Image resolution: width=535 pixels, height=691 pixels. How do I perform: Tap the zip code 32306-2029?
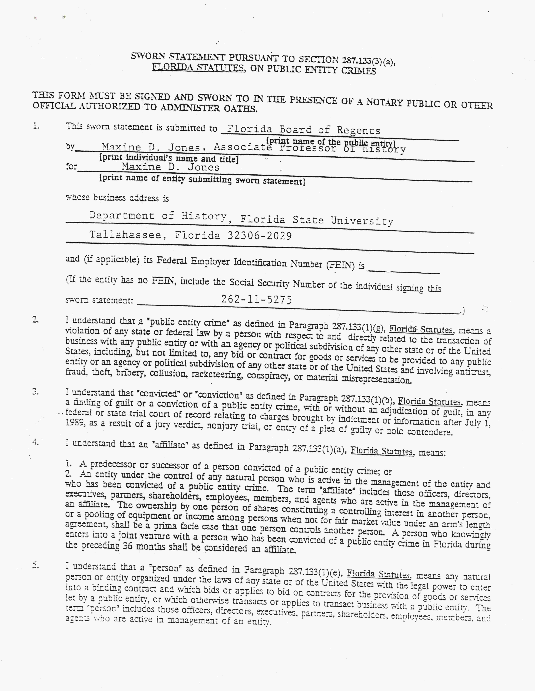259,236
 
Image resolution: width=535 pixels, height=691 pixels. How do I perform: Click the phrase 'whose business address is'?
117,198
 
